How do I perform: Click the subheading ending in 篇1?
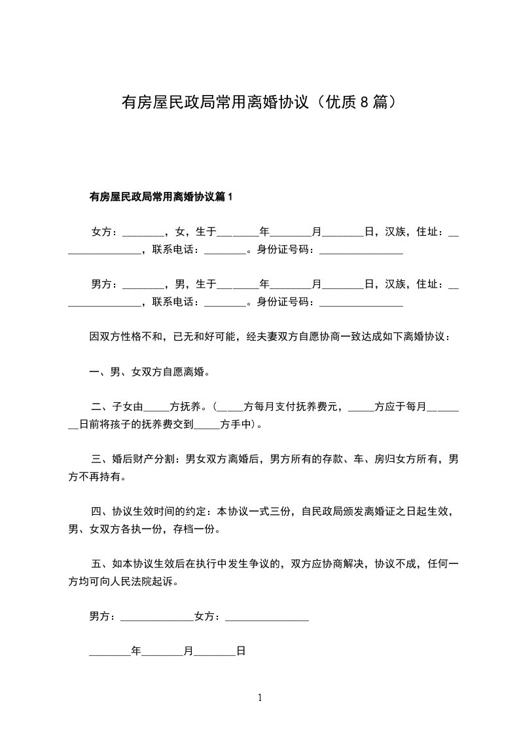(161, 197)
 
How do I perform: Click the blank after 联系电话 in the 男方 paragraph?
(224, 302)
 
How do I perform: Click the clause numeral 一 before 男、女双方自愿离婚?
(94, 373)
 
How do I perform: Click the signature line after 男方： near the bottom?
(157, 617)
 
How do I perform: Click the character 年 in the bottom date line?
(136, 652)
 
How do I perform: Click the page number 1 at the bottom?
(260, 698)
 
